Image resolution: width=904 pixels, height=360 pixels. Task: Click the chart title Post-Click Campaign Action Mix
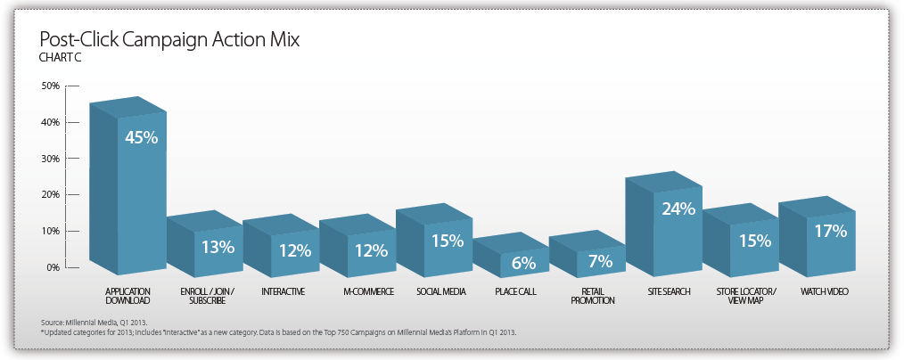(x=169, y=40)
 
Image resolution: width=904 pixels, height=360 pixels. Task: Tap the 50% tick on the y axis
(x=51, y=86)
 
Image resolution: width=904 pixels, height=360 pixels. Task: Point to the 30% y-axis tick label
(x=51, y=159)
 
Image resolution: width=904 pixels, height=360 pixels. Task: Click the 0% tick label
(x=53, y=267)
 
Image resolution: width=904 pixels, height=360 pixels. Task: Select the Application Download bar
(x=129, y=187)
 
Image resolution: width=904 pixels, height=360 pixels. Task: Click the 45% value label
(x=141, y=138)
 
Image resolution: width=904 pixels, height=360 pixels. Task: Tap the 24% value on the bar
(x=677, y=210)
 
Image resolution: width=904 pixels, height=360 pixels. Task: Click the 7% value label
(x=600, y=260)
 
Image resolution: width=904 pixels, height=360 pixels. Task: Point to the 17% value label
(x=829, y=230)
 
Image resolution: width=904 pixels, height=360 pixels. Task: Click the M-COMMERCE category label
(x=368, y=292)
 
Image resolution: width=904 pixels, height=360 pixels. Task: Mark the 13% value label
(x=218, y=245)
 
